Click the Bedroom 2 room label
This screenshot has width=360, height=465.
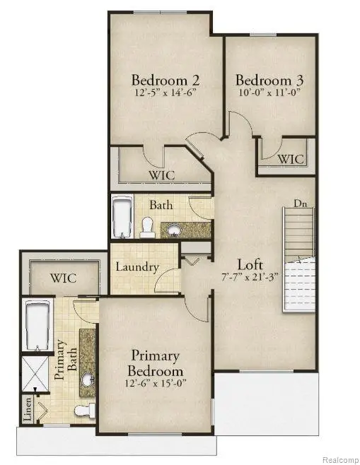click(x=161, y=78)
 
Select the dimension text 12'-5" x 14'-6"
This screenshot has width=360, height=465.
click(x=161, y=91)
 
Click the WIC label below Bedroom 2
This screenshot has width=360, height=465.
click(x=161, y=175)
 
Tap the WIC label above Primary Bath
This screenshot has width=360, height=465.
click(x=62, y=278)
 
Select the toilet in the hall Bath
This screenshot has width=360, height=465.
click(x=148, y=226)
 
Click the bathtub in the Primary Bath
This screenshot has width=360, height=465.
click(x=35, y=325)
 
